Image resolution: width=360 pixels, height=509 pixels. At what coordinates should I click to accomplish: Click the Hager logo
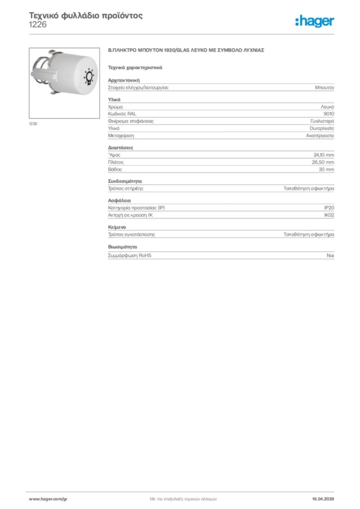315,21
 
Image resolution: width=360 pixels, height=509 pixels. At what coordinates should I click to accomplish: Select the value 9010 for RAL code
329,114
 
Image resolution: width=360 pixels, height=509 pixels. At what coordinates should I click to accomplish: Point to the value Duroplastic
322,128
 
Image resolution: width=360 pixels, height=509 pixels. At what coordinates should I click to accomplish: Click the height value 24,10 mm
323,155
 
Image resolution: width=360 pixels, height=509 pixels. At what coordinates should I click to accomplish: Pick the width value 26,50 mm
323,162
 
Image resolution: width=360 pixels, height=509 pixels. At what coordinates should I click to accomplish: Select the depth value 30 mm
326,170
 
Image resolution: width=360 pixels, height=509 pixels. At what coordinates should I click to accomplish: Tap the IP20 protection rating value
329,208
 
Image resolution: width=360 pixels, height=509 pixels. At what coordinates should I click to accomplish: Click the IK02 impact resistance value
329,215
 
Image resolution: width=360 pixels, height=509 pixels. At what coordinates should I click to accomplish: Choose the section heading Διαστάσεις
120,148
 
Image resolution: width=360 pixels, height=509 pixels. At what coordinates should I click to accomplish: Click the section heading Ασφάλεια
119,201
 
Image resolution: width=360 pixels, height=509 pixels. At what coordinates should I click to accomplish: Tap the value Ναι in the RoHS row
330,255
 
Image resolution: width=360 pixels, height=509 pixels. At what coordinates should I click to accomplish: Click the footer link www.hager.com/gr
48,499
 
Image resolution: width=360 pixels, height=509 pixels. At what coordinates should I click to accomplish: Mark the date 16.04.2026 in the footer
323,499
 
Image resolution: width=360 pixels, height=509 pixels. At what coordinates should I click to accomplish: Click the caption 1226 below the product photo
33,123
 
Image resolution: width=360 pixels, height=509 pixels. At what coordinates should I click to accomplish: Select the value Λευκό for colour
327,107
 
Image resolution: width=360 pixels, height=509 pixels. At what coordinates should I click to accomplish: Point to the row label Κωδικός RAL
122,114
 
